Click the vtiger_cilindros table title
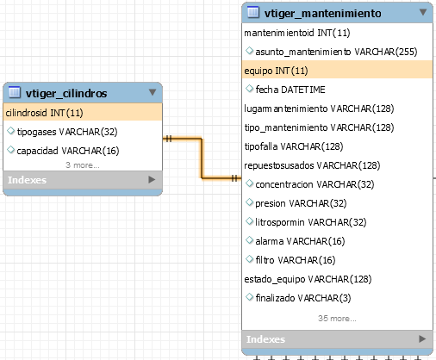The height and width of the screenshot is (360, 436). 66,93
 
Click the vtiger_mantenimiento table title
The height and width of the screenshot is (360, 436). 322,13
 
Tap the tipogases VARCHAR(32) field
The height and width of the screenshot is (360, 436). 67,132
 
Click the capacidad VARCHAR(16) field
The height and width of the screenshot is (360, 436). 68,151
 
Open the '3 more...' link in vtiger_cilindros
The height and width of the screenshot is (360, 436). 83,165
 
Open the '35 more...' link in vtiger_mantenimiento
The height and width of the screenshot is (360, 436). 337,319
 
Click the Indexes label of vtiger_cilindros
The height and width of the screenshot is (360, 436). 27,180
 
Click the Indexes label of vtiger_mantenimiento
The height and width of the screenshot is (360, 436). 265,339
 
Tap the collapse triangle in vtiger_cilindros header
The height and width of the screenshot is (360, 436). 153,92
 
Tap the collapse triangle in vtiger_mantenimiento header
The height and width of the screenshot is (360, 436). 423,12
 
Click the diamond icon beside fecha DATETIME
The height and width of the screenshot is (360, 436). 249,89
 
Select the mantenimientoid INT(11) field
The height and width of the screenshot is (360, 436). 297,33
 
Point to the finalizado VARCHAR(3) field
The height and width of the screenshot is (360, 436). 303,298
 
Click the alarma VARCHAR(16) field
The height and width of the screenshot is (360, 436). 300,241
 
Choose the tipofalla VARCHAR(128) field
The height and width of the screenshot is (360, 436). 294,146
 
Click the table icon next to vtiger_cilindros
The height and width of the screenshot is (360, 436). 15,92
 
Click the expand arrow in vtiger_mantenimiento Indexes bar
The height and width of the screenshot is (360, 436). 422,339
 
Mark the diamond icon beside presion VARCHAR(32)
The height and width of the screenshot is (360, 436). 249,202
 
